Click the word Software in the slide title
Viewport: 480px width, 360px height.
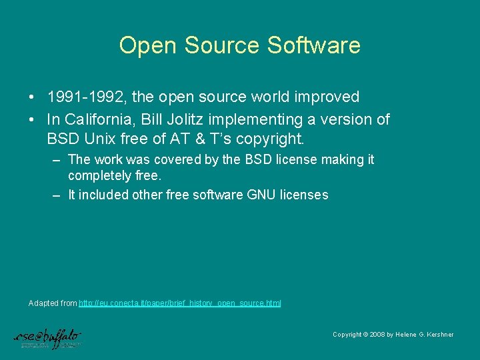[313, 45]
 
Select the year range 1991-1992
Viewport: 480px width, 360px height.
[87, 97]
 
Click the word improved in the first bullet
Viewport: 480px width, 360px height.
[325, 97]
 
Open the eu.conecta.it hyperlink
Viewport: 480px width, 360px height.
[179, 303]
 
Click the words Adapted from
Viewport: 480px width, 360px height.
[53, 303]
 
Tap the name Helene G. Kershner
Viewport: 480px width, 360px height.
[425, 335]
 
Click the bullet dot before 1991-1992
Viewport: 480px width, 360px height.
[32, 97]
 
